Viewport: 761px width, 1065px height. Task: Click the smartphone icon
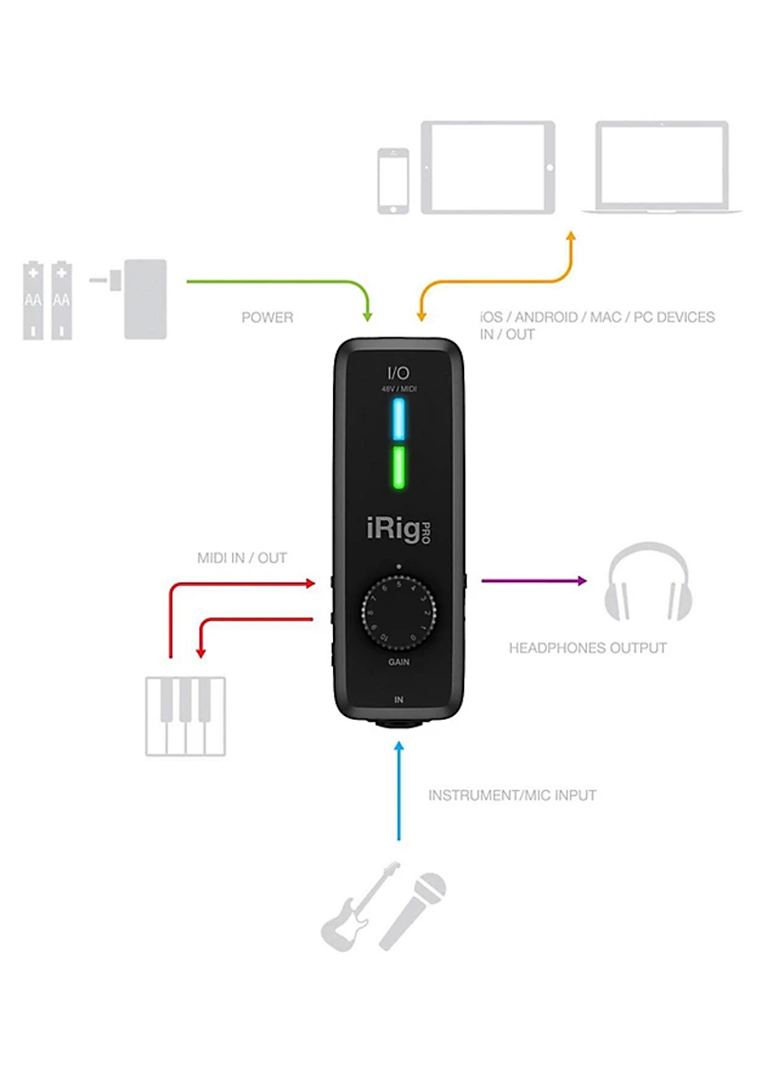pyautogui.click(x=393, y=180)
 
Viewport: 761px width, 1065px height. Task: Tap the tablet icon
pyautogui.click(x=485, y=166)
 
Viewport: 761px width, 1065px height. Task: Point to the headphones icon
pyautogui.click(x=648, y=580)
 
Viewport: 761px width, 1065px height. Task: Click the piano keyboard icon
pyautogui.click(x=185, y=715)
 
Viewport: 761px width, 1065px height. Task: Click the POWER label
pyautogui.click(x=267, y=317)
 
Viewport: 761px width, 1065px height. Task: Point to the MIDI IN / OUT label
pyautogui.click(x=242, y=557)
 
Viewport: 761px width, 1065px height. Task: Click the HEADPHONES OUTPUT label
pyautogui.click(x=587, y=648)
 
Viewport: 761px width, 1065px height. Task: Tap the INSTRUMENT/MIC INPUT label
pyautogui.click(x=512, y=794)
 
